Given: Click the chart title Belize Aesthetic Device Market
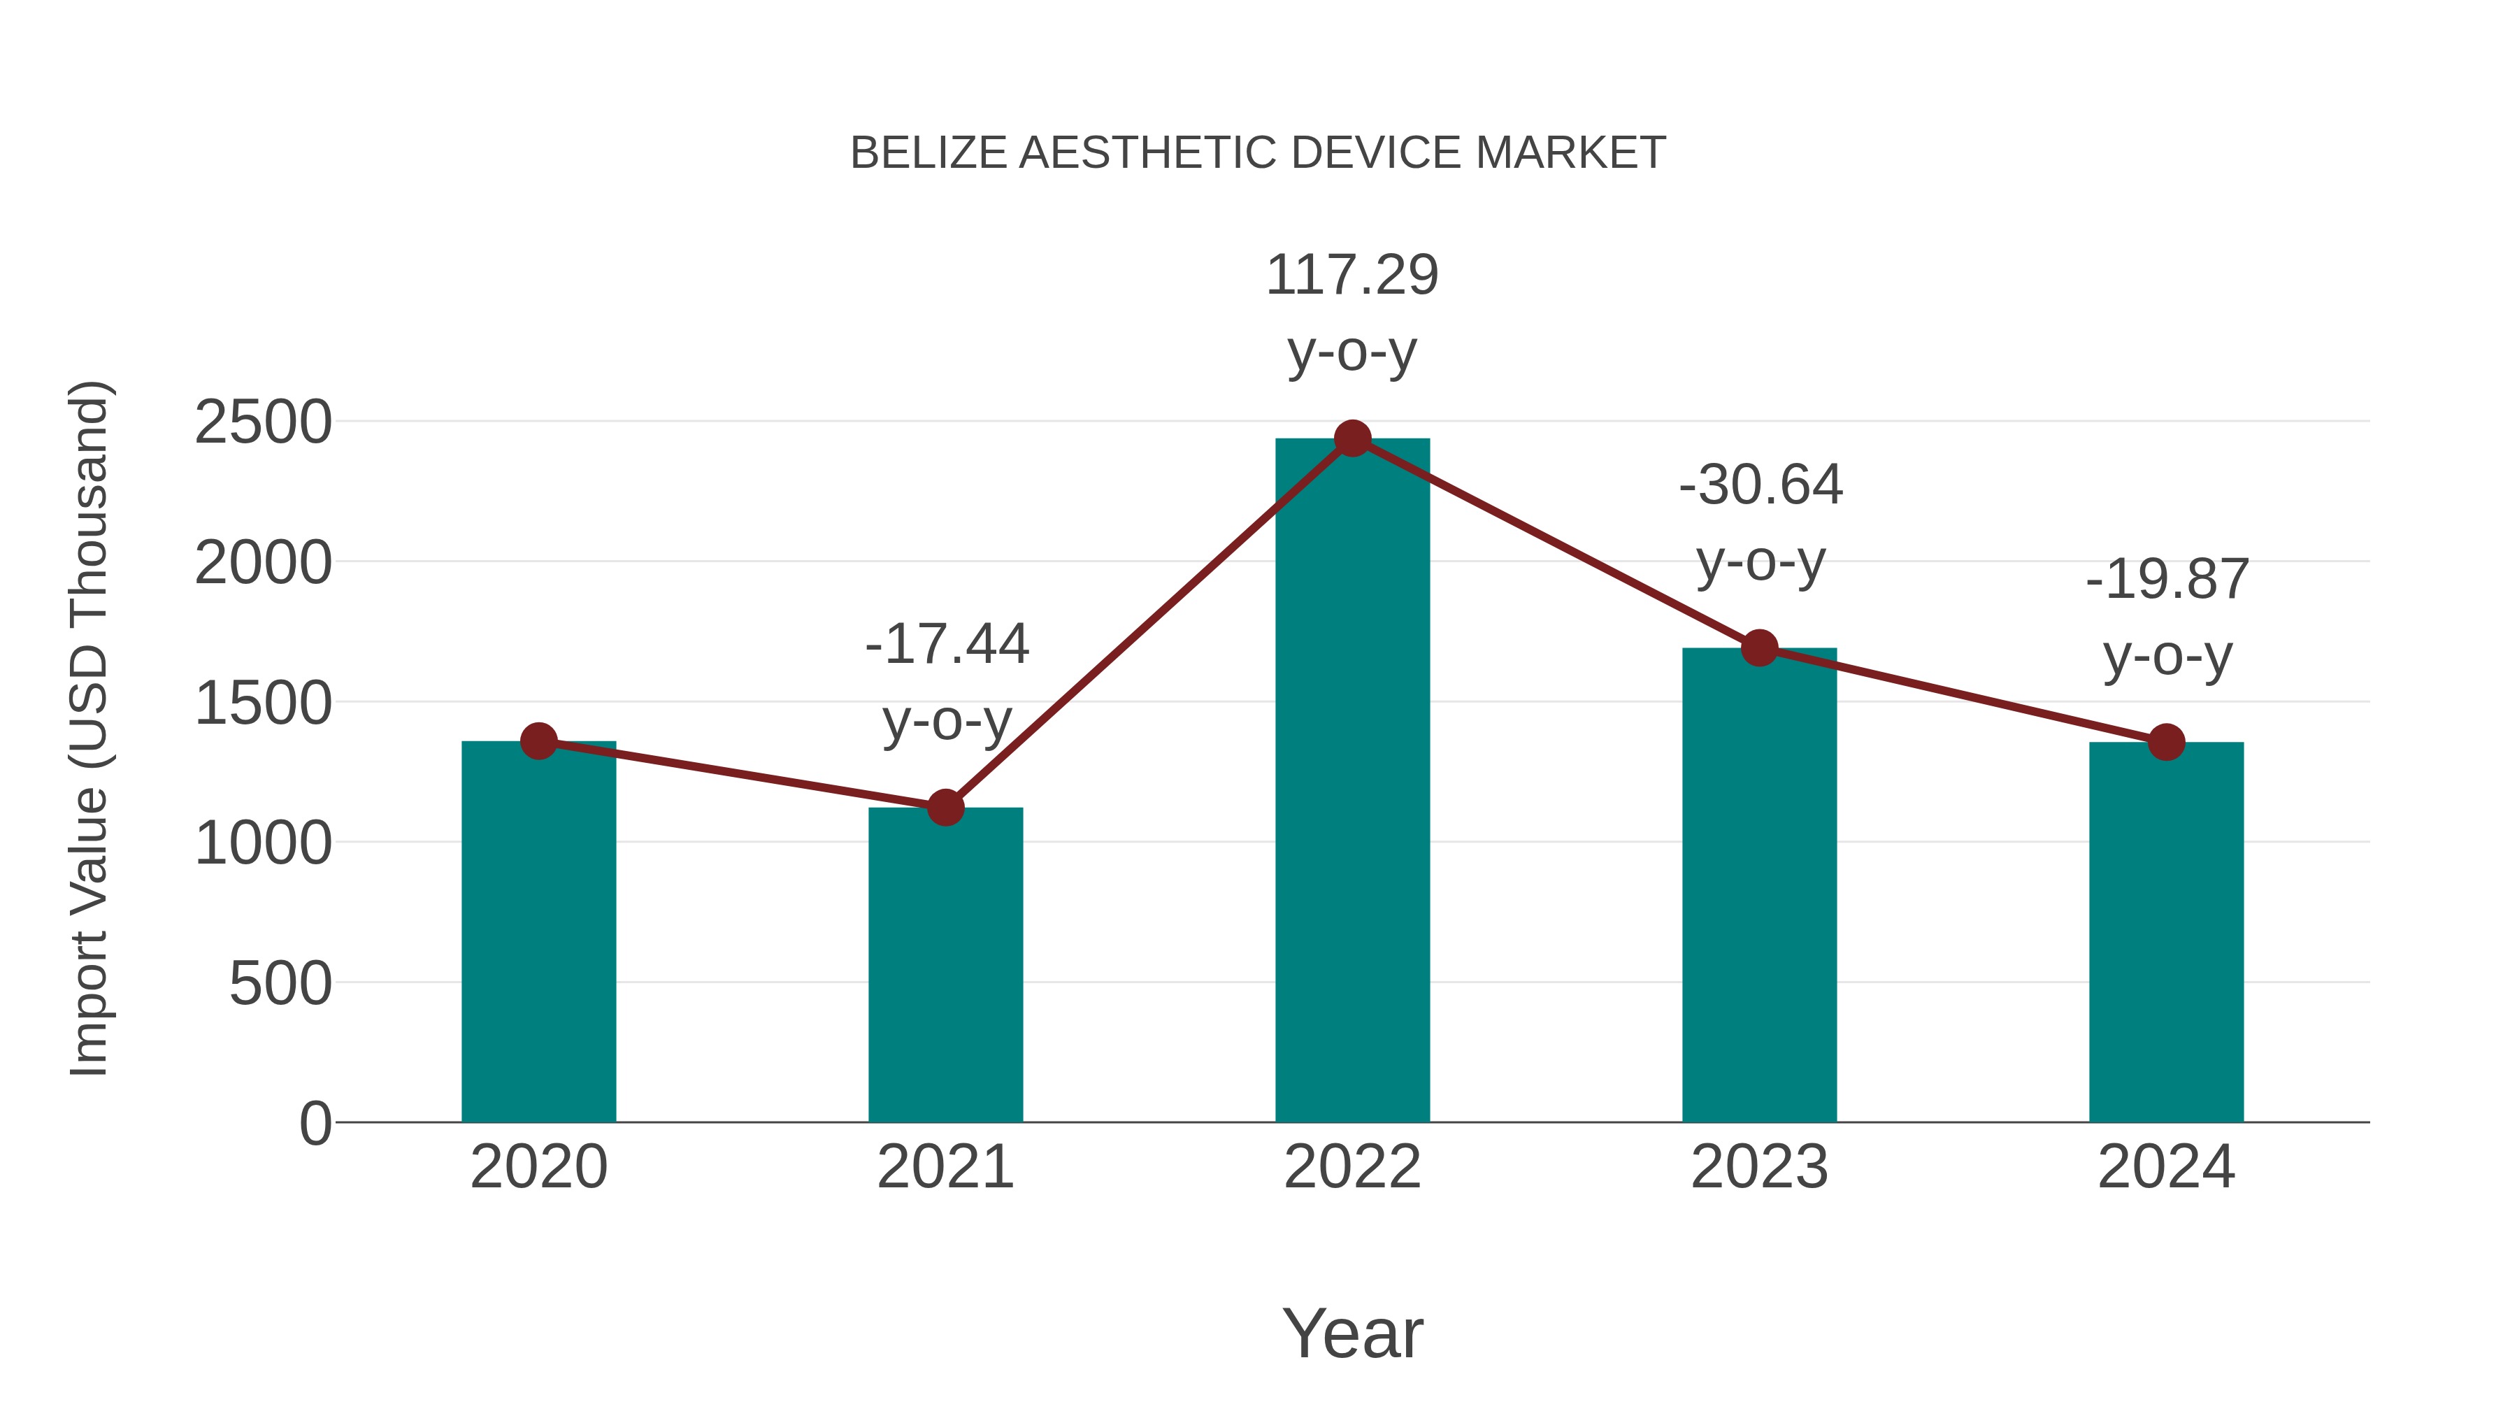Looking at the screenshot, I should [x=1258, y=153].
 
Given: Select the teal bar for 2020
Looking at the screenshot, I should [x=538, y=938].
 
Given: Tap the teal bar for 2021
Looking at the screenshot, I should [x=945, y=968].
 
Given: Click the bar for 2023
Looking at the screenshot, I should [x=1759, y=889].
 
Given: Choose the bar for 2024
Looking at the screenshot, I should [x=2166, y=938].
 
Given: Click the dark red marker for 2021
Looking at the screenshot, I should [x=945, y=807].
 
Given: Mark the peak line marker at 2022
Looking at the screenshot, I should [x=1351, y=438].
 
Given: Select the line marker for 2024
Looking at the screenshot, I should [x=2166, y=742].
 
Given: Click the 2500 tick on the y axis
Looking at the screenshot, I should [x=263, y=423].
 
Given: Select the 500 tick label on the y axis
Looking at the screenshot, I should [x=280, y=983].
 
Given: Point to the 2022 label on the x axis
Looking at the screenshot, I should [x=1351, y=1167].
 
